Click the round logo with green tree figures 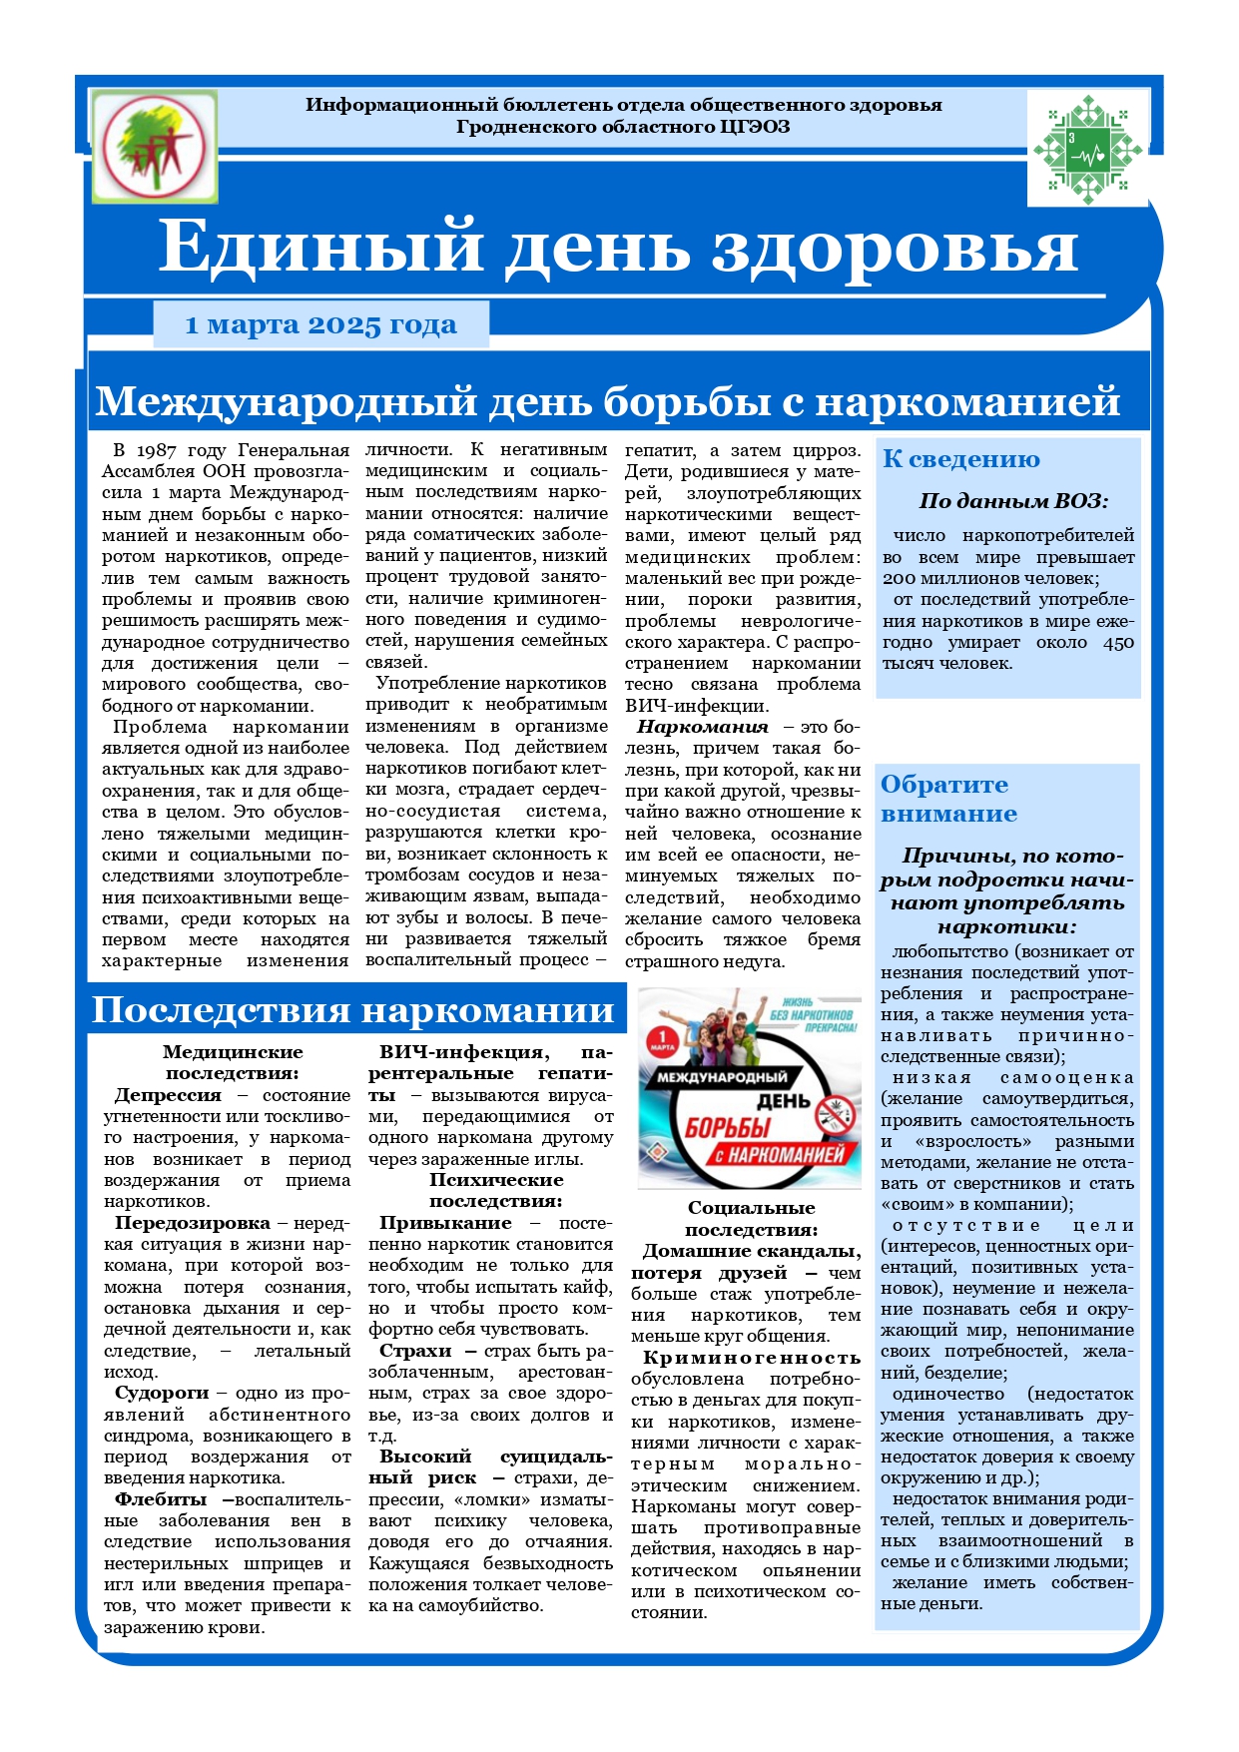154,146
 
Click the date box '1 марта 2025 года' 320,325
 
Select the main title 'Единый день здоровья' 617,247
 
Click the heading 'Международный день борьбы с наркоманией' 607,401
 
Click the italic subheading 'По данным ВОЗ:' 1012,501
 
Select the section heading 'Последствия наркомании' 353,1010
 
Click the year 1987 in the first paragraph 157,450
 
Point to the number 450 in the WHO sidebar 1118,642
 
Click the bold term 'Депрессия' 168,1095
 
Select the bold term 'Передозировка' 192,1223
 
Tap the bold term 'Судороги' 162,1393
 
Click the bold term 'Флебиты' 161,1499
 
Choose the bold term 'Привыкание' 445,1223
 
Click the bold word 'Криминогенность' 751,1358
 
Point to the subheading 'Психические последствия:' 496,1191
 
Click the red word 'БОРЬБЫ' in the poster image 728,1128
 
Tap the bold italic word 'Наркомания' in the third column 703,727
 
